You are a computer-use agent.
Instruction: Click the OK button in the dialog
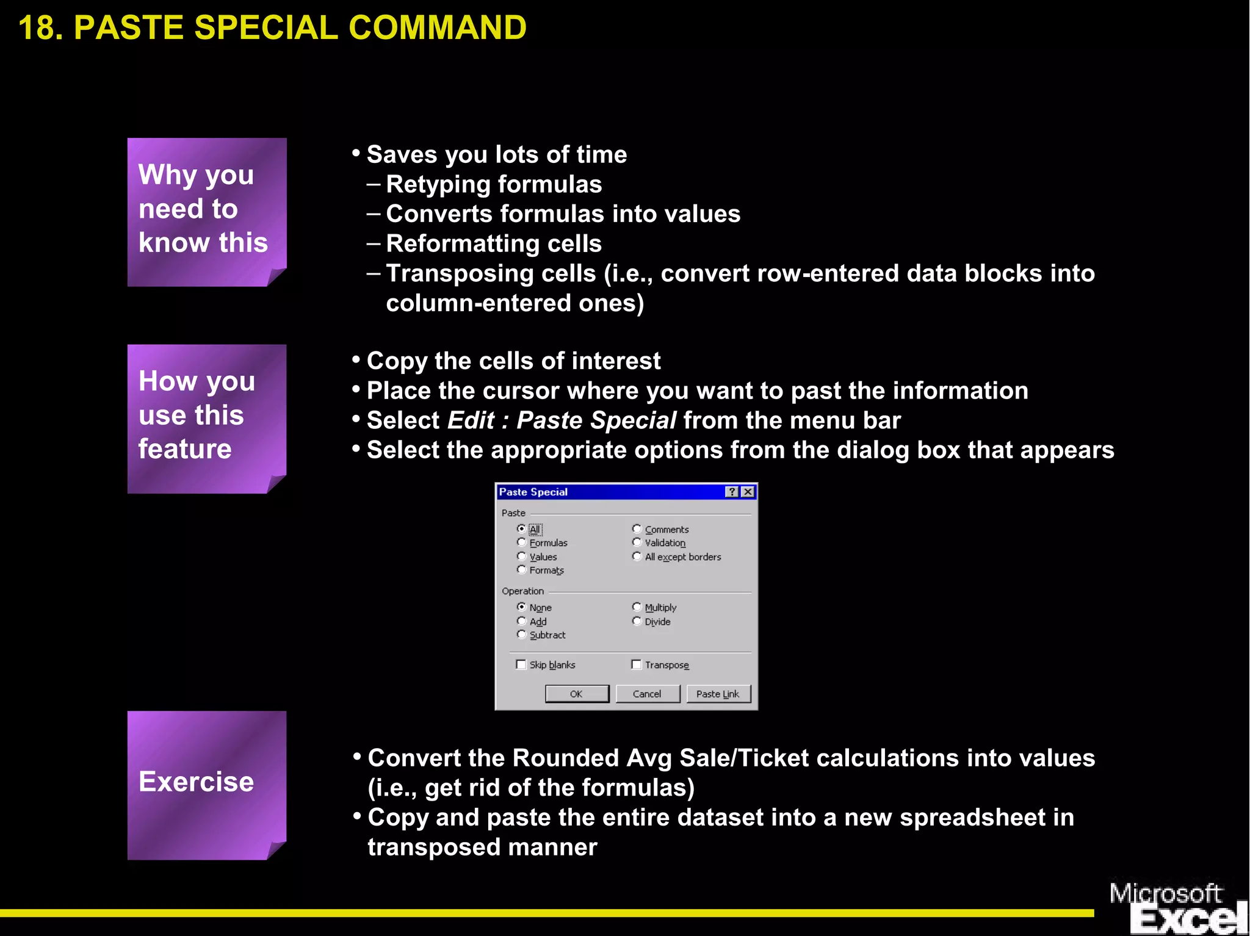click(576, 694)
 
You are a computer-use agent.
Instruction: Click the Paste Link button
click(718, 694)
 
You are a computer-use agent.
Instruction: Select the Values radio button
click(521, 556)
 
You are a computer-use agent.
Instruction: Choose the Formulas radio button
click(521, 542)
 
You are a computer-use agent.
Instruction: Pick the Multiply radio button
click(637, 607)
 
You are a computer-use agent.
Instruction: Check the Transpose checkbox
click(637, 664)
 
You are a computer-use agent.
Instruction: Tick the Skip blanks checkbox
click(521, 664)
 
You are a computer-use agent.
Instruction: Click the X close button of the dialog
click(748, 492)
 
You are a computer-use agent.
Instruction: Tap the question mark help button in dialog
click(732, 492)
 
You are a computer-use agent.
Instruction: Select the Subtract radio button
click(521, 635)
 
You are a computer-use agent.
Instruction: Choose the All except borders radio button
click(637, 556)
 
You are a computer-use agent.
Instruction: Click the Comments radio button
click(637, 529)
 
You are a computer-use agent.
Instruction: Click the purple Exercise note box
click(206, 785)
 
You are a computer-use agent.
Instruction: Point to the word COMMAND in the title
click(437, 28)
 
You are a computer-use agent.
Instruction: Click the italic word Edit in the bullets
click(471, 420)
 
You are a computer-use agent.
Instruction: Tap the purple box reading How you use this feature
click(206, 418)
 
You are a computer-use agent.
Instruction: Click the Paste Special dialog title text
click(533, 492)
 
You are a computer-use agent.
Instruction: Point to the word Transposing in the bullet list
click(491, 273)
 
